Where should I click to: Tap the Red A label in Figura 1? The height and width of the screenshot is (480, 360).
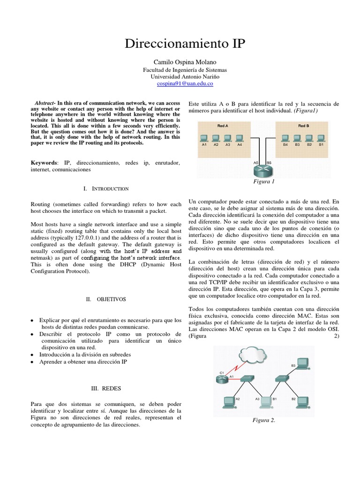223,126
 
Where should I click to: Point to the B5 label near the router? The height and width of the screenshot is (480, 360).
269,162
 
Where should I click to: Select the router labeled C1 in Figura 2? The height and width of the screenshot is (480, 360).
222,379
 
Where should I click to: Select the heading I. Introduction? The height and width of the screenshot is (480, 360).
105,188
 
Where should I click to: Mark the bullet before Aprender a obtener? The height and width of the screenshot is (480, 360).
32,362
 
